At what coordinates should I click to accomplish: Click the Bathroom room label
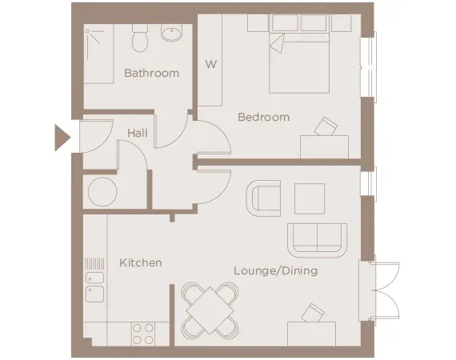(x=151, y=74)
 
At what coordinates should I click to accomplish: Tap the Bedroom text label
(x=263, y=118)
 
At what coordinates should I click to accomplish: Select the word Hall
(x=137, y=133)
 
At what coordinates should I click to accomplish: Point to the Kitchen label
(x=141, y=262)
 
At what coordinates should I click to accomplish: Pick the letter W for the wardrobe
(x=211, y=63)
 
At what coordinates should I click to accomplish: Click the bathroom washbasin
(x=171, y=34)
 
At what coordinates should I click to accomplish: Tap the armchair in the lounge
(x=265, y=197)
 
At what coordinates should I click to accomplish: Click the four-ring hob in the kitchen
(x=143, y=333)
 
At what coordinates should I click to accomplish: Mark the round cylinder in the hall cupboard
(x=102, y=193)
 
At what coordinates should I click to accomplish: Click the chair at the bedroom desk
(x=326, y=127)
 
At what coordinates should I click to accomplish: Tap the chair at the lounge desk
(x=313, y=311)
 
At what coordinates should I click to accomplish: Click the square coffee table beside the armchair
(x=309, y=198)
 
